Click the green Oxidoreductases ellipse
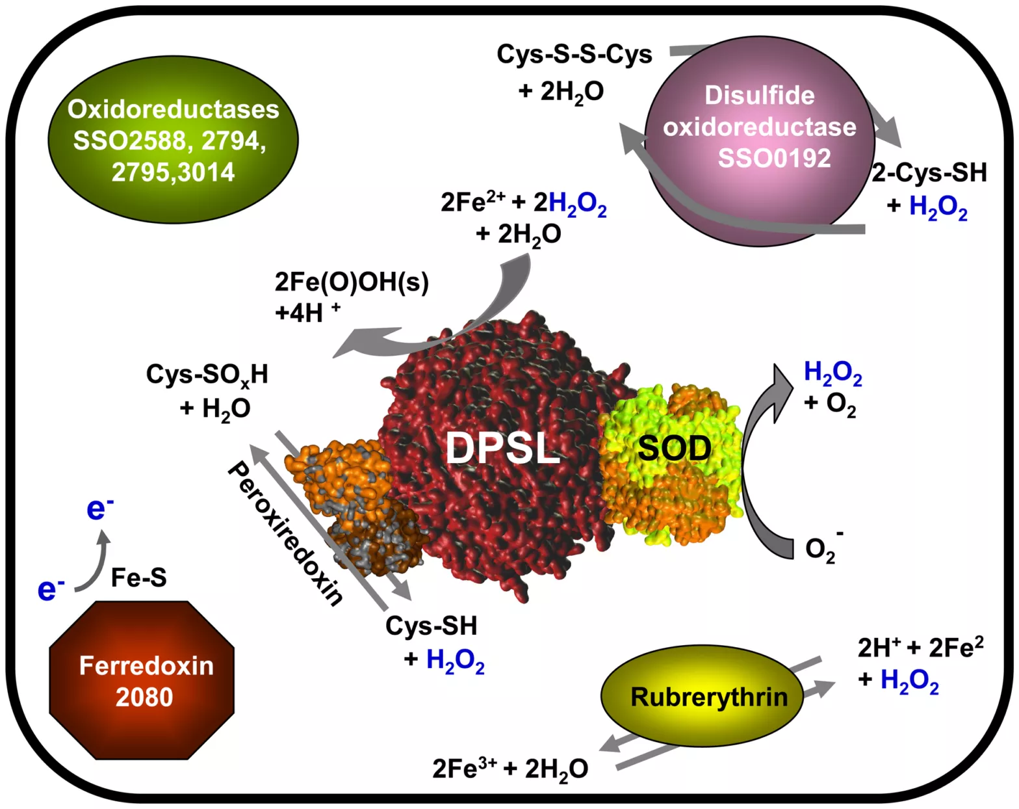click(x=173, y=139)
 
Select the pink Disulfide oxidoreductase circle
click(x=760, y=141)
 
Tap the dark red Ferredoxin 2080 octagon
click(x=142, y=681)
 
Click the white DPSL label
click(x=503, y=448)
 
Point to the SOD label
click(x=675, y=448)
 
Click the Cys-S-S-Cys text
click(x=574, y=54)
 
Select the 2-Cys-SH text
click(x=929, y=172)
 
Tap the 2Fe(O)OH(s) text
click(x=352, y=282)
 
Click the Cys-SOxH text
click(x=207, y=375)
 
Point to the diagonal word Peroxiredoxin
click(x=285, y=534)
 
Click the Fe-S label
click(x=138, y=577)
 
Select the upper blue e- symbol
click(x=100, y=509)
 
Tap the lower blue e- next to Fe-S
click(x=51, y=589)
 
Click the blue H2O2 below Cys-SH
click(x=456, y=660)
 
